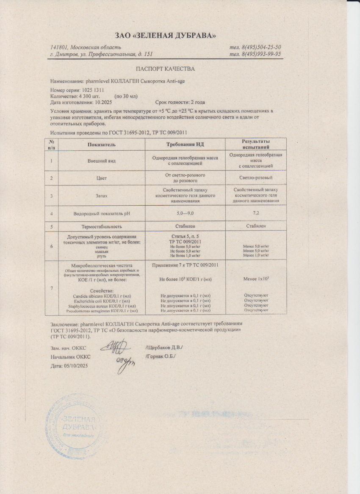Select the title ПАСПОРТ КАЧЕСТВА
pos(165,69)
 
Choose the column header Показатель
pos(102,144)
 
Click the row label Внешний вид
pos(101,161)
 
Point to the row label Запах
pos(101,196)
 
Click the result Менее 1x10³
pos(256,280)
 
